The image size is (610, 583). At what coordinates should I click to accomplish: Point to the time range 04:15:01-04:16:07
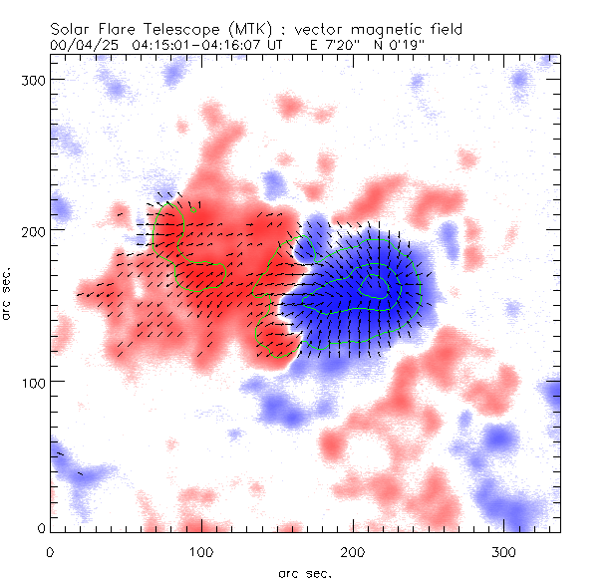pyautogui.click(x=188, y=45)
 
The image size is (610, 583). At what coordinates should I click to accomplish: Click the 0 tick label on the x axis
pyautogui.click(x=50, y=551)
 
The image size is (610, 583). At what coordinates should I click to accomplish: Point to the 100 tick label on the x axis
pyautogui.click(x=201, y=551)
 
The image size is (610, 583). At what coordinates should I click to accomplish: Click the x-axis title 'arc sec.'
pyautogui.click(x=305, y=573)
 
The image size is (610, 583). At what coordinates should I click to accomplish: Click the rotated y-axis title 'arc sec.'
pyautogui.click(x=8, y=294)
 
